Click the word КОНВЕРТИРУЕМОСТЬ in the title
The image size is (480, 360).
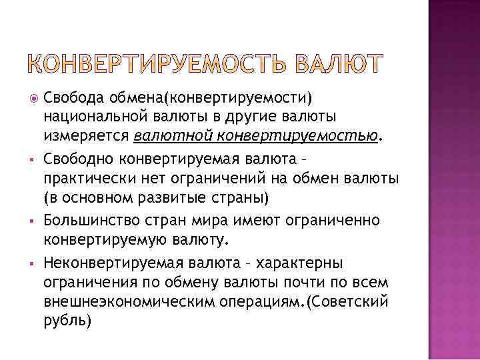pos(157,65)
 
